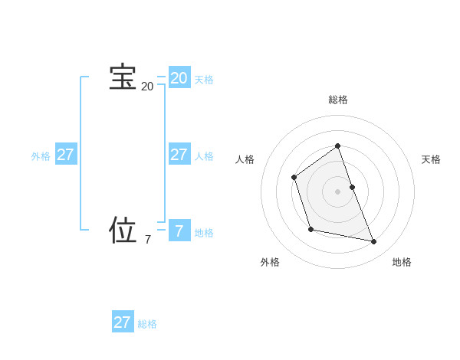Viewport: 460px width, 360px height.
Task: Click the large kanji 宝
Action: (123, 77)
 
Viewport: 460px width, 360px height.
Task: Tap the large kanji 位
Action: (123, 230)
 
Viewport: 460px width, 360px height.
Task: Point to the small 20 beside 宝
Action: (147, 87)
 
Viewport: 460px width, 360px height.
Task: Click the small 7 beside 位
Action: (148, 240)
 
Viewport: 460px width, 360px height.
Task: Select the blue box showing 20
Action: (179, 78)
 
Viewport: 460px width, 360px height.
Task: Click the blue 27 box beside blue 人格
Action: (179, 155)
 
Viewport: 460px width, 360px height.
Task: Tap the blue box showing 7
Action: (179, 231)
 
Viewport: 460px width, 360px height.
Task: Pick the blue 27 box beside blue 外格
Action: (65, 155)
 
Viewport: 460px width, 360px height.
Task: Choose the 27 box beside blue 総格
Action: (122, 322)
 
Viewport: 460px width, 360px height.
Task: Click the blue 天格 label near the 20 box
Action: (204, 80)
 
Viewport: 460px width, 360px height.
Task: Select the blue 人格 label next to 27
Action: (204, 156)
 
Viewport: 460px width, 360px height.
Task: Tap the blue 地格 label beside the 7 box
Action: (204, 233)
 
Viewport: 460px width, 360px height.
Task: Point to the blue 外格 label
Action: (41, 156)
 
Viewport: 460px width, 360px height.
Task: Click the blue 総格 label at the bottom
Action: (147, 324)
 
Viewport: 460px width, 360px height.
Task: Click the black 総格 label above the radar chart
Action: (337, 100)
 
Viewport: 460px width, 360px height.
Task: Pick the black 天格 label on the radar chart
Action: (431, 159)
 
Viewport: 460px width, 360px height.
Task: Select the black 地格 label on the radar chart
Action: (402, 262)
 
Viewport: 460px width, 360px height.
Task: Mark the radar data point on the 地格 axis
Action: (374, 242)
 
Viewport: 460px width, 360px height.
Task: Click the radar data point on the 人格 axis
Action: (294, 178)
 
